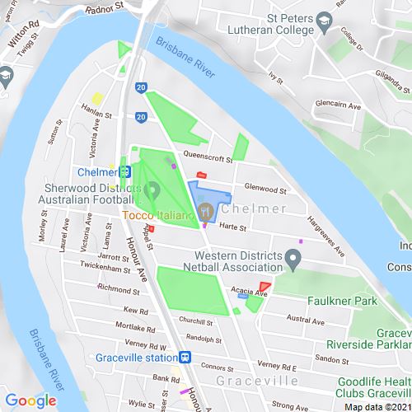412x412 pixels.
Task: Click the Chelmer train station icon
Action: (125, 172)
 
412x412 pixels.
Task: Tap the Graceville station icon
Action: (185, 358)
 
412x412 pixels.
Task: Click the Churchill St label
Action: (195, 321)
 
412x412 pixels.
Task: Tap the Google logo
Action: (30, 401)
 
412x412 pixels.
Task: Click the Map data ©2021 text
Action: (376, 406)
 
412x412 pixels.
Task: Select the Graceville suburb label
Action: (246, 382)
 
